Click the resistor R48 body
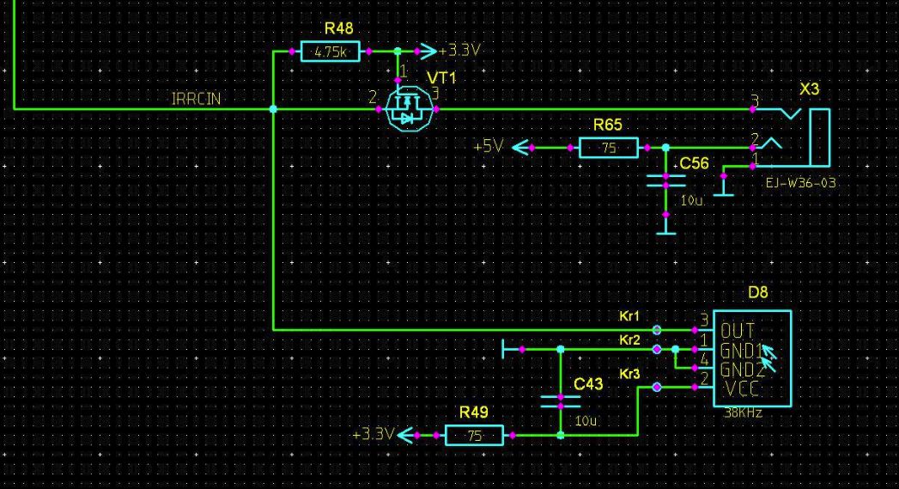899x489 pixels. point(330,52)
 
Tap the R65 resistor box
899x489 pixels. point(609,148)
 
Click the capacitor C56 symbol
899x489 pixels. point(665,180)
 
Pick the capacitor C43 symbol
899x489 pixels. point(560,401)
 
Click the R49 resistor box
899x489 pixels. point(474,436)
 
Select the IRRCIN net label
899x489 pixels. point(196,99)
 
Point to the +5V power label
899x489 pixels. point(488,147)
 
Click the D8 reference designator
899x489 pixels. point(757,292)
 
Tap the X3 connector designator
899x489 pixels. point(809,90)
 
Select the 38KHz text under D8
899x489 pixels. point(744,413)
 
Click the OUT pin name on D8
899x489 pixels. point(738,331)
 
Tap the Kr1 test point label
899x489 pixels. point(629,317)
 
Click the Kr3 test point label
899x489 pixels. point(629,374)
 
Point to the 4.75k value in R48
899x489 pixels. point(330,52)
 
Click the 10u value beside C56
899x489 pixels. point(691,200)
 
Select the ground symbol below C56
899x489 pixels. point(665,232)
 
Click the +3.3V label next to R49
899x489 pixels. point(373,435)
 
